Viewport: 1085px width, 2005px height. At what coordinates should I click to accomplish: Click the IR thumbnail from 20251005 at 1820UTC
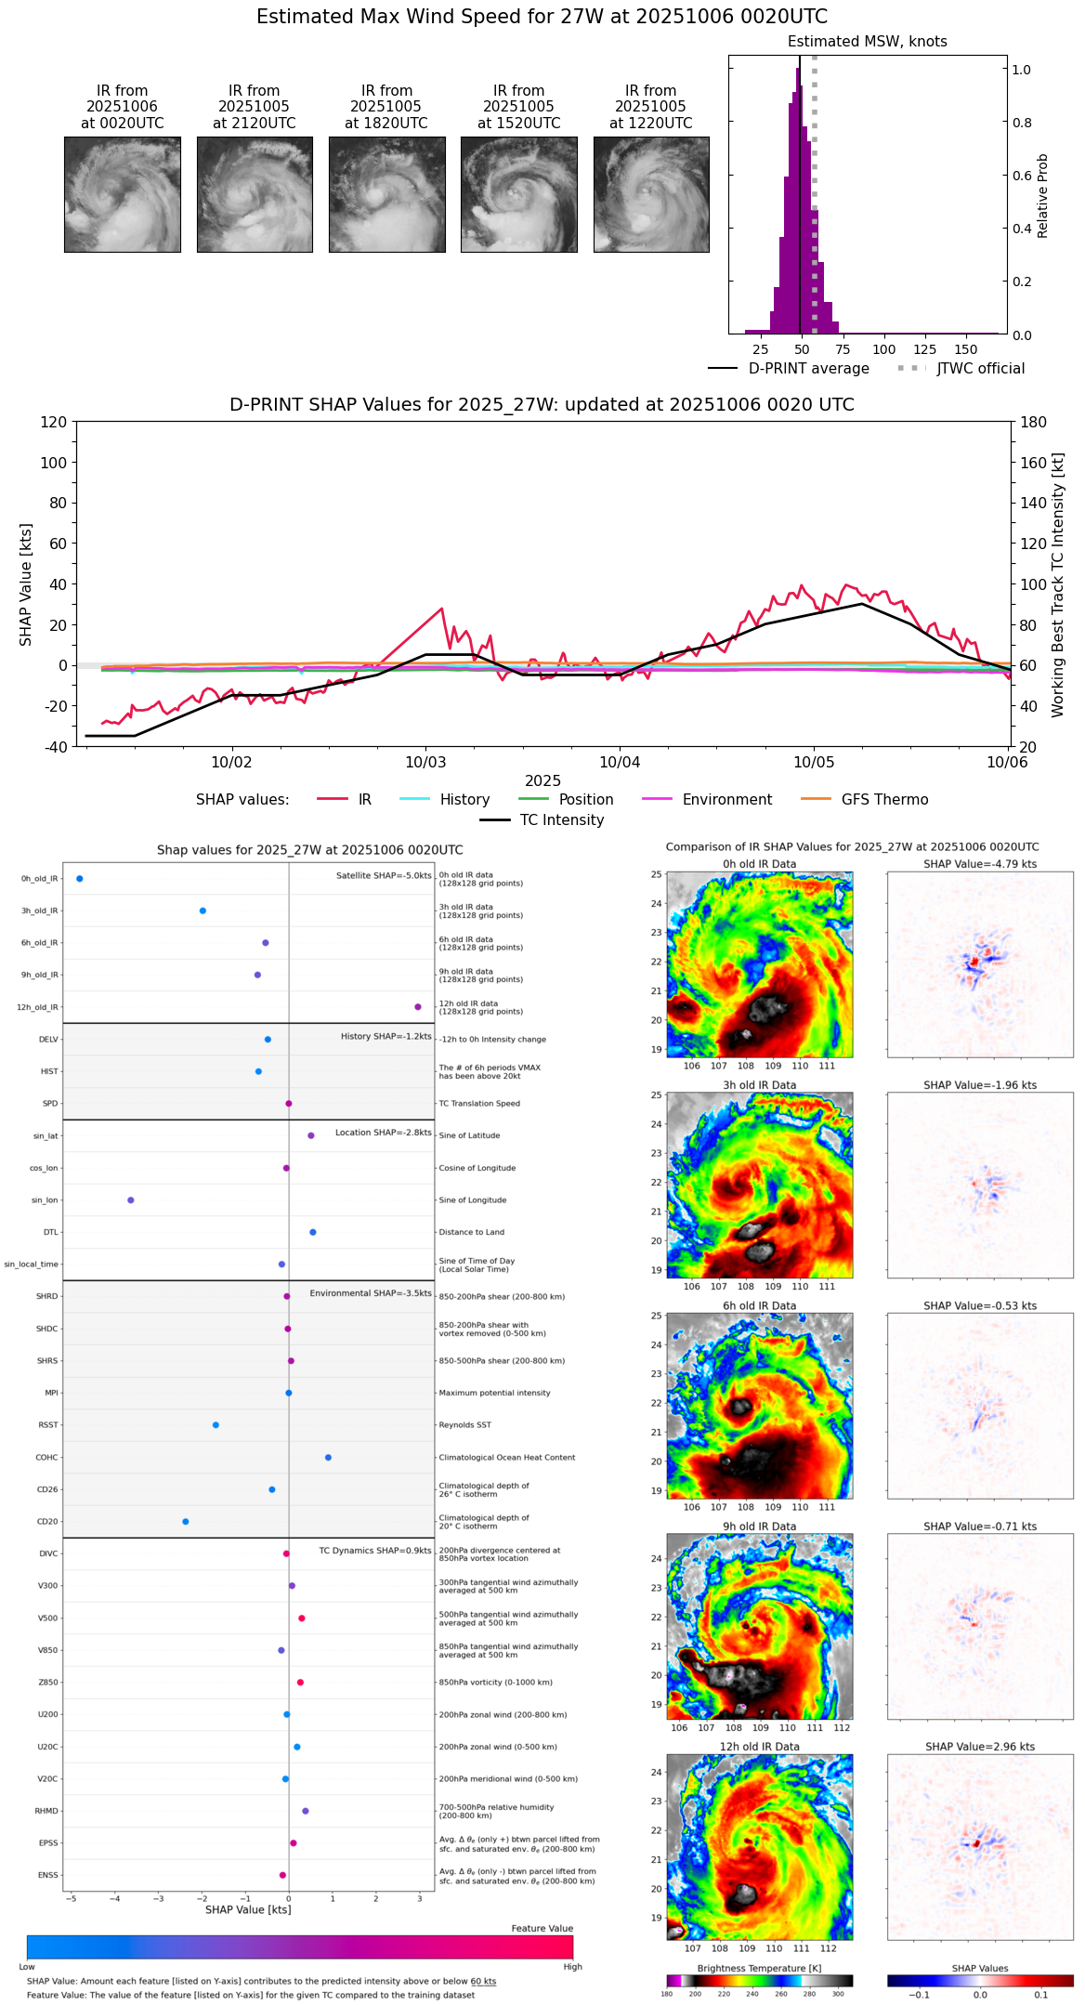coord(386,194)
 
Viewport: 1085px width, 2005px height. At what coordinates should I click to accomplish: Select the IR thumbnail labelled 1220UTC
coord(651,194)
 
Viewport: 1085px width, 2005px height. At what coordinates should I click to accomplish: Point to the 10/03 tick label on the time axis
coord(425,763)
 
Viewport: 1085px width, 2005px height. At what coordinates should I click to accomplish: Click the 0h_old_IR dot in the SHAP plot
coord(80,879)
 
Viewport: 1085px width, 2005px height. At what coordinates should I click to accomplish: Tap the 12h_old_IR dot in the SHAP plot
coord(418,1007)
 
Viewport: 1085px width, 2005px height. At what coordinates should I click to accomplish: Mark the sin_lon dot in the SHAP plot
coord(131,1200)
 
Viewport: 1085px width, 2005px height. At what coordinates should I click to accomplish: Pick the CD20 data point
coord(186,1522)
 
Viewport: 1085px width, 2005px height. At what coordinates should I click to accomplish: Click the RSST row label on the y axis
coord(47,1425)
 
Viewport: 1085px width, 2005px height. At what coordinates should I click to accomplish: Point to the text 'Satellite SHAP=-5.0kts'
coord(384,876)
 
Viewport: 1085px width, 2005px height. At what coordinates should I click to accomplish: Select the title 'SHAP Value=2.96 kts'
coord(980,1747)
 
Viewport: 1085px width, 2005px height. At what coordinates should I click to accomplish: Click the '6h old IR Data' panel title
coord(759,1305)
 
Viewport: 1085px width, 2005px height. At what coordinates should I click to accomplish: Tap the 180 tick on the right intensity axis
coord(1034,423)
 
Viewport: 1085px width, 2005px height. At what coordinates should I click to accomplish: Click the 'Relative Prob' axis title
coord(1043,196)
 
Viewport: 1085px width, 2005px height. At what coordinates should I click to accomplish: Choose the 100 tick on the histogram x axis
coord(884,350)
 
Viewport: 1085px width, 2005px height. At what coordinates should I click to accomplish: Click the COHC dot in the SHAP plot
coord(328,1458)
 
